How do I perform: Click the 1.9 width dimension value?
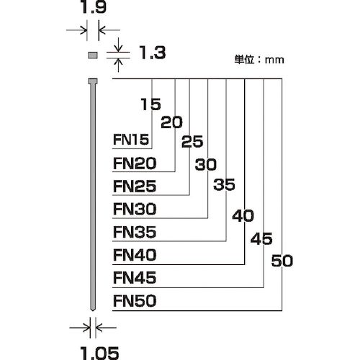click(94, 7)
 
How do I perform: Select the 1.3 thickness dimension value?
click(153, 53)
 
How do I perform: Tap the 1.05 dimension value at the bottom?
click(99, 353)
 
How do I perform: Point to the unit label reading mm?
click(274, 60)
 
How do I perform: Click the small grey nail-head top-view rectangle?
click(93, 55)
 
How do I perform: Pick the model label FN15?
click(131, 140)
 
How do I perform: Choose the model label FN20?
click(135, 163)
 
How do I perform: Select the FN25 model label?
click(135, 186)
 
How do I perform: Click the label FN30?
click(135, 209)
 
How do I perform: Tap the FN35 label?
click(135, 232)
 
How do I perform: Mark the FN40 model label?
click(135, 255)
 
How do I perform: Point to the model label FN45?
click(135, 278)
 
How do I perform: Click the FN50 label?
click(135, 301)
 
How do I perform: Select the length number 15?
click(150, 104)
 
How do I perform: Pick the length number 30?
click(206, 165)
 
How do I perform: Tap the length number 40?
click(243, 215)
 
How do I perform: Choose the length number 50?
click(282, 261)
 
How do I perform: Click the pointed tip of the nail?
click(93, 310)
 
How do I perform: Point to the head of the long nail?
click(93, 81)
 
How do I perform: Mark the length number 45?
click(261, 239)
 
